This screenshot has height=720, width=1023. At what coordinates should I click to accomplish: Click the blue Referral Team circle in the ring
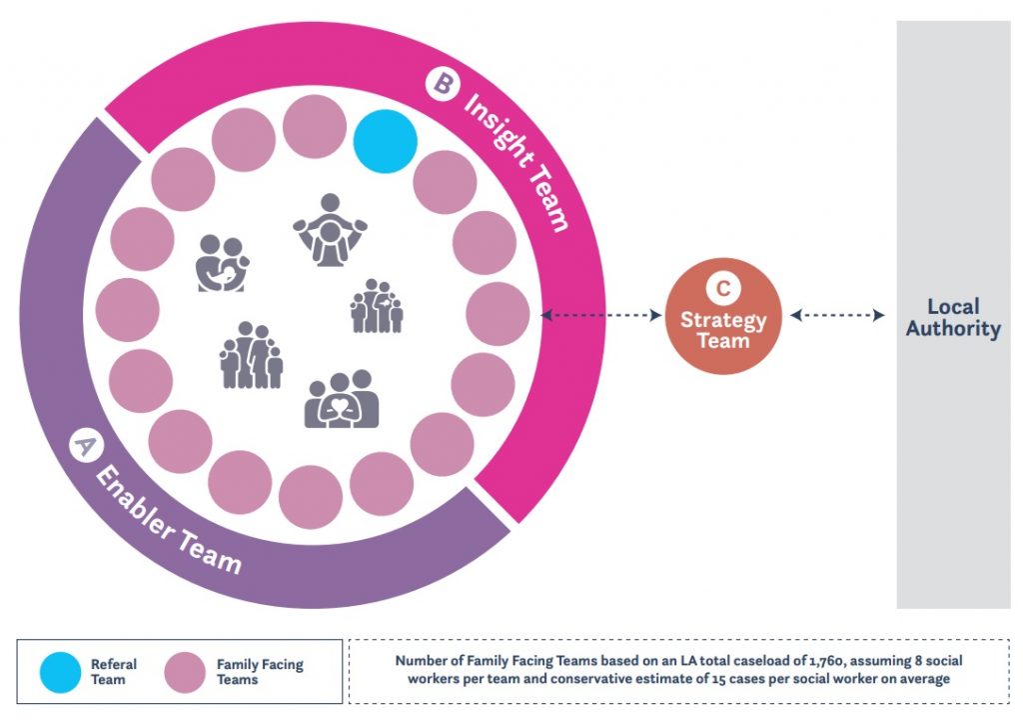[x=385, y=142]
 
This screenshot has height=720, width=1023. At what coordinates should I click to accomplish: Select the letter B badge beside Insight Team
[x=440, y=83]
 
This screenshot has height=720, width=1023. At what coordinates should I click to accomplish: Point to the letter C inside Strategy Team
[x=722, y=290]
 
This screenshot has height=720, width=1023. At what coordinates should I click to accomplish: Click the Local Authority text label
[x=952, y=318]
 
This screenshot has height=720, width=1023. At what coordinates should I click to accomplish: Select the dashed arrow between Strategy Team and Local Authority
[x=837, y=316]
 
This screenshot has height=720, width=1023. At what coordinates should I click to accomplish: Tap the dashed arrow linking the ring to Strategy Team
[x=601, y=316]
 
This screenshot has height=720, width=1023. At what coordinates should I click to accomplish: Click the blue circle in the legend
[x=61, y=671]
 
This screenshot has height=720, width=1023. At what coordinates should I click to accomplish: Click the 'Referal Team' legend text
[x=114, y=671]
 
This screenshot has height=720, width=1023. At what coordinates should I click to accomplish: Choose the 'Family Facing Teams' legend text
[x=259, y=671]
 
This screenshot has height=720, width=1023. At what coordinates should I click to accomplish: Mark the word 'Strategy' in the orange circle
[x=722, y=321]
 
